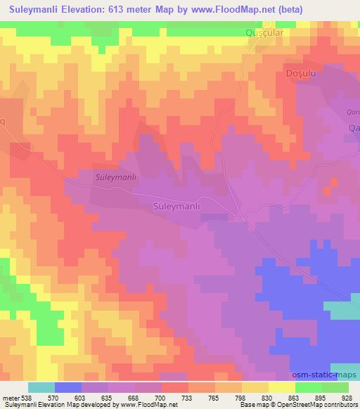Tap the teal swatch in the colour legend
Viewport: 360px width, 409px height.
(41, 387)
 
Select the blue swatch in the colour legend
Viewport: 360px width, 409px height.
(68, 387)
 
